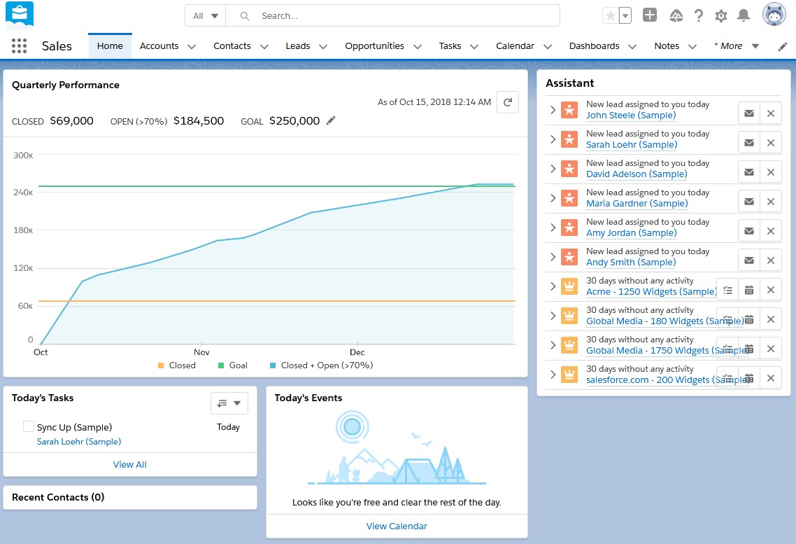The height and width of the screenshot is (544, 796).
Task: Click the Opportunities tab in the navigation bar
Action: [x=374, y=46]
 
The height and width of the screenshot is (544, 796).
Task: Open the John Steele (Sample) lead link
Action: [x=630, y=116]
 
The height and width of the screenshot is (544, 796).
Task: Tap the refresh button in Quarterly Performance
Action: [x=508, y=102]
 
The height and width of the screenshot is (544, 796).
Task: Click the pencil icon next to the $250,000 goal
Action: [x=331, y=120]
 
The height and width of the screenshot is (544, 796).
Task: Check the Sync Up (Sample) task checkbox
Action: [x=29, y=426]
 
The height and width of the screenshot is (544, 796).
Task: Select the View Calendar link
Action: [x=397, y=526]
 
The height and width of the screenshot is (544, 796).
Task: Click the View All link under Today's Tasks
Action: [x=130, y=464]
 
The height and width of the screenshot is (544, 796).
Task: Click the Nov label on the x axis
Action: [x=201, y=352]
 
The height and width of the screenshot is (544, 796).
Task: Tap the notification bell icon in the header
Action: [x=744, y=15]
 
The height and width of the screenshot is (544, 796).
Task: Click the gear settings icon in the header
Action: [x=721, y=15]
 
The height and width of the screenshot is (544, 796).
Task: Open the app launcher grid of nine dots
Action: [x=20, y=46]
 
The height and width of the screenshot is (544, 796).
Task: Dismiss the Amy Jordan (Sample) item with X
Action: [x=770, y=231]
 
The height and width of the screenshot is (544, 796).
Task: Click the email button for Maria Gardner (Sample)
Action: [x=748, y=202]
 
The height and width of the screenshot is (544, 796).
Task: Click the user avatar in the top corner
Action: [x=774, y=15]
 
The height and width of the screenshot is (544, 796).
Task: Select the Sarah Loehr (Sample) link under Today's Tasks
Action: [x=78, y=442]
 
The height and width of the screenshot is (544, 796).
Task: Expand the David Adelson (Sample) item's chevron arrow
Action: [x=553, y=169]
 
